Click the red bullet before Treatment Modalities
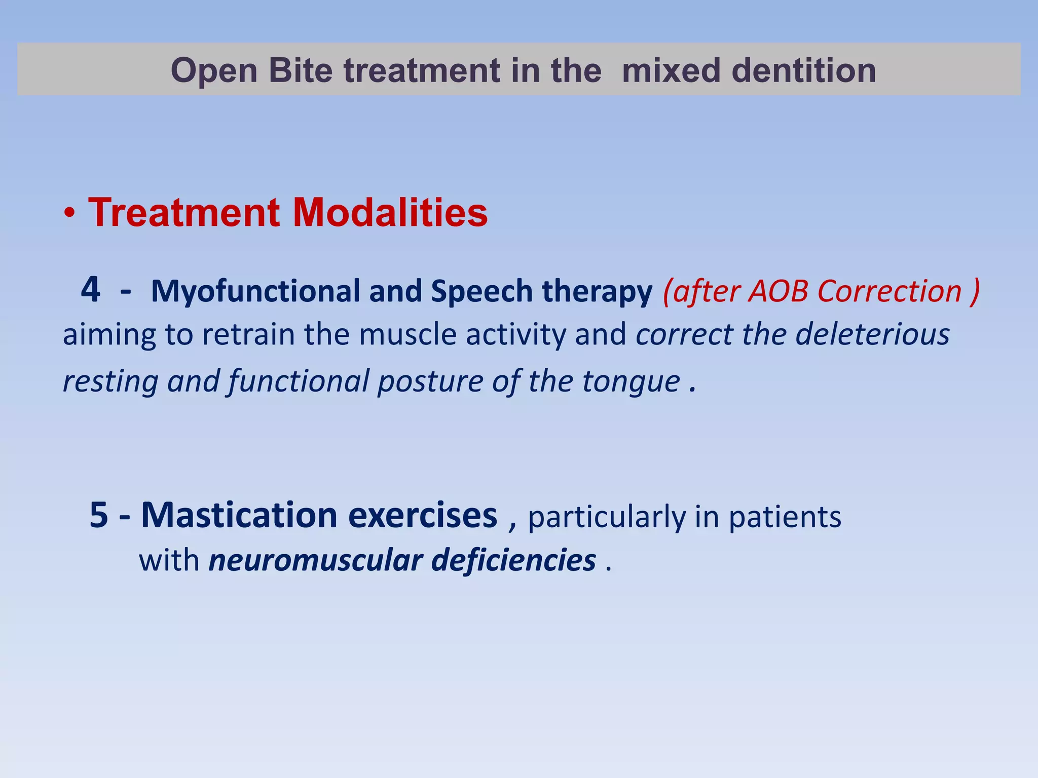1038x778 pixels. pyautogui.click(x=70, y=215)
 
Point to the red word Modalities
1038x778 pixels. pyautogui.click(x=390, y=212)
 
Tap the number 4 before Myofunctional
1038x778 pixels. pyautogui.click(x=91, y=290)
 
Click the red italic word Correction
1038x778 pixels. pyautogui.click(x=889, y=291)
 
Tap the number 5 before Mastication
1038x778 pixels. pyautogui.click(x=99, y=515)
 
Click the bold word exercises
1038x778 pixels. pyautogui.click(x=423, y=515)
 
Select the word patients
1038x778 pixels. pyautogui.click(x=785, y=517)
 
